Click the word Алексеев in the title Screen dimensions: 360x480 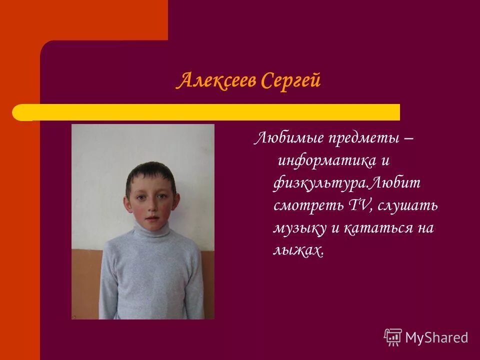click(212, 80)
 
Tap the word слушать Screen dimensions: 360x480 click(408, 205)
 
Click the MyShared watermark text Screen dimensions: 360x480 click(436, 337)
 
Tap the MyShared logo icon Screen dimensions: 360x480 click(392, 337)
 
